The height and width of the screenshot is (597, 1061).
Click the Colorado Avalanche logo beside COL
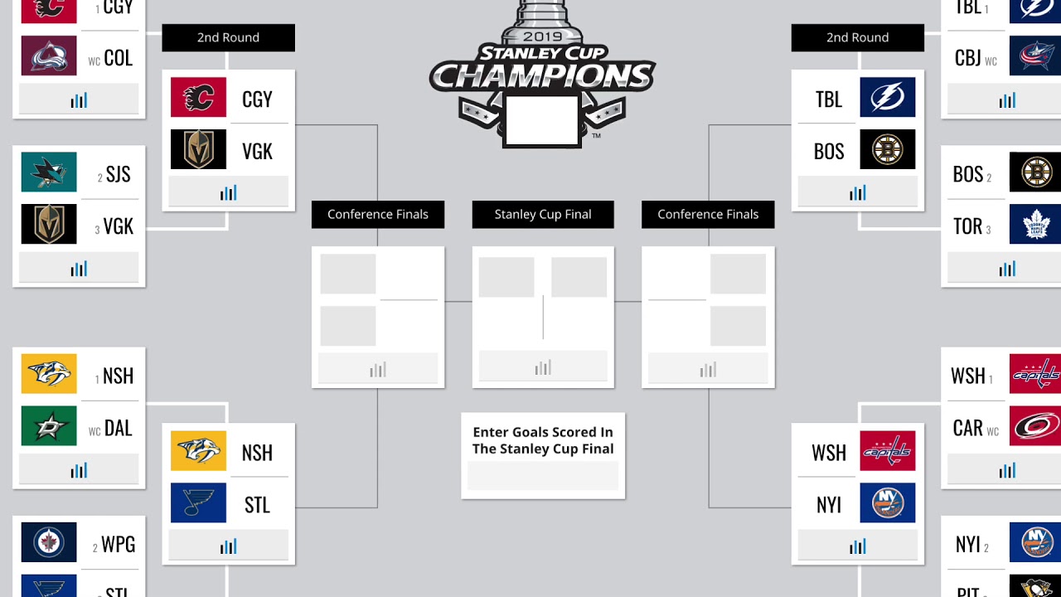[49, 56]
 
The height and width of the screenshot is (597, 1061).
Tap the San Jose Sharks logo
[49, 172]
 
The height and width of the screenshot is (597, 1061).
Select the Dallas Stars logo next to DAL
[49, 426]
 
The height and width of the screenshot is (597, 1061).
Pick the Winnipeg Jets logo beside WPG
[49, 542]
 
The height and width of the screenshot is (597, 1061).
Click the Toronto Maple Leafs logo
[1035, 224]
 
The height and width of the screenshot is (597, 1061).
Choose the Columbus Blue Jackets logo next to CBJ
[1035, 56]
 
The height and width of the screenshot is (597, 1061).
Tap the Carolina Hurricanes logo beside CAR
[1035, 426]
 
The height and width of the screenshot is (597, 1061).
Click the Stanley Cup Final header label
[543, 214]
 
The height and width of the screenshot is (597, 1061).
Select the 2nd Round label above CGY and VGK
[228, 37]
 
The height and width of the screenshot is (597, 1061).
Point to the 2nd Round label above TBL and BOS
[857, 37]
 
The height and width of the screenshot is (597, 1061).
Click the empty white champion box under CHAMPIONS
[542, 121]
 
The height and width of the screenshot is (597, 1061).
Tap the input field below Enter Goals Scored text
[543, 476]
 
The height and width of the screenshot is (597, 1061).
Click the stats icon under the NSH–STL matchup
[228, 546]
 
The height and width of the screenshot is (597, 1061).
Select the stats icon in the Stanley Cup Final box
[543, 367]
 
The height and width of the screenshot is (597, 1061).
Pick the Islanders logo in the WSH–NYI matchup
[887, 503]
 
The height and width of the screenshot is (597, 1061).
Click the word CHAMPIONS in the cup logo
[543, 76]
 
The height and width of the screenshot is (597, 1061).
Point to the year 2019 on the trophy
[542, 37]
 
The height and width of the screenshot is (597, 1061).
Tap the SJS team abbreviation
[118, 174]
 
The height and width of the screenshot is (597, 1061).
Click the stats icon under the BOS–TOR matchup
[1007, 269]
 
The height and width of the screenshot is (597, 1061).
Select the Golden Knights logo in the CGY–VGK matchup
[198, 149]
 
